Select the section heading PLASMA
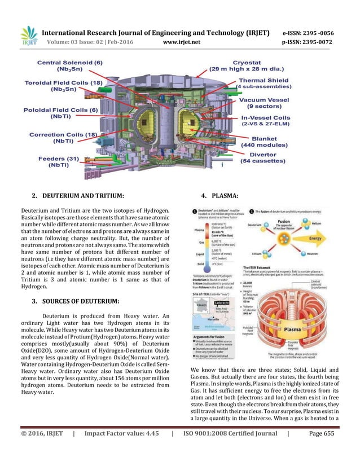pyautogui.click(x=222, y=196)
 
